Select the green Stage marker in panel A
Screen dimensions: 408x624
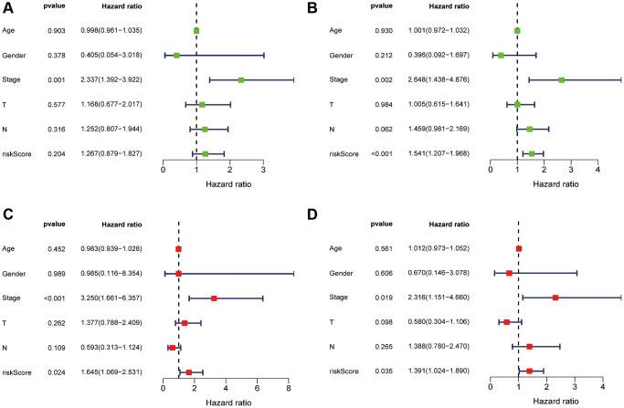(x=241, y=80)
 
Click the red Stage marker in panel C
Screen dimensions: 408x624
(x=214, y=298)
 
